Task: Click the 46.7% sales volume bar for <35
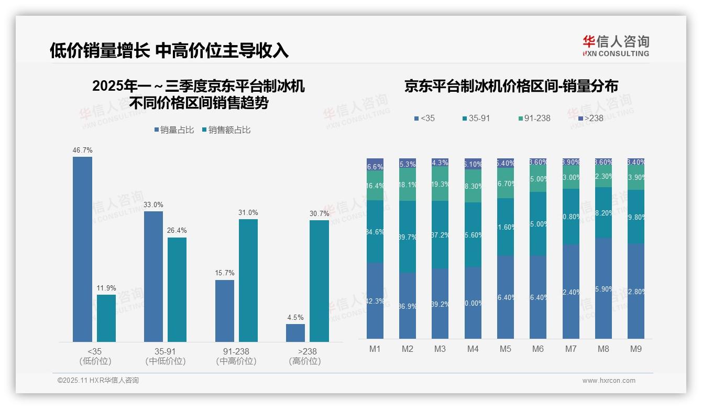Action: click(x=82, y=249)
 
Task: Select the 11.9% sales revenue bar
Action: click(x=106, y=318)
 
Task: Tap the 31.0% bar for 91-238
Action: click(x=248, y=280)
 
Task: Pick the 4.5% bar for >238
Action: click(x=295, y=332)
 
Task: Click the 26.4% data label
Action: click(x=177, y=231)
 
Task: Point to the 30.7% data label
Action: click(x=319, y=213)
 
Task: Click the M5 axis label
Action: click(x=505, y=349)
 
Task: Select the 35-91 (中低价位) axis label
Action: click(x=165, y=356)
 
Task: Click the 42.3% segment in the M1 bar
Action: click(x=375, y=300)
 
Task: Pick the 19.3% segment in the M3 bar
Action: click(x=440, y=184)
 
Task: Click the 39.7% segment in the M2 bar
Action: click(x=408, y=236)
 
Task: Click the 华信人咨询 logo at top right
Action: click(x=616, y=46)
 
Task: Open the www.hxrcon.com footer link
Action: click(x=609, y=381)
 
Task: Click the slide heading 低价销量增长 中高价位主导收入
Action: click(x=169, y=50)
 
